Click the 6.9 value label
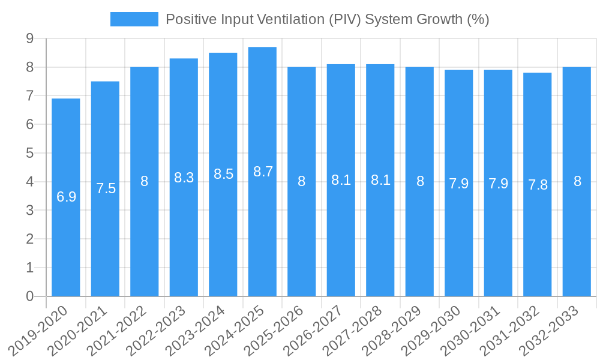point(66,197)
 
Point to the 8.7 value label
point(263,172)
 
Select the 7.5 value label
point(106,188)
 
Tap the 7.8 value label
point(538,185)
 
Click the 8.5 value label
point(223,174)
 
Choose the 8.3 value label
point(184,178)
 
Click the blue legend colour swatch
point(134,19)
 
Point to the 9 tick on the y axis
point(29,38)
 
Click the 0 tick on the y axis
point(29,296)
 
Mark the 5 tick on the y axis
point(29,153)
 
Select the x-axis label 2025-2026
point(275,330)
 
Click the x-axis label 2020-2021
point(79,330)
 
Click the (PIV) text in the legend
point(344,19)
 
